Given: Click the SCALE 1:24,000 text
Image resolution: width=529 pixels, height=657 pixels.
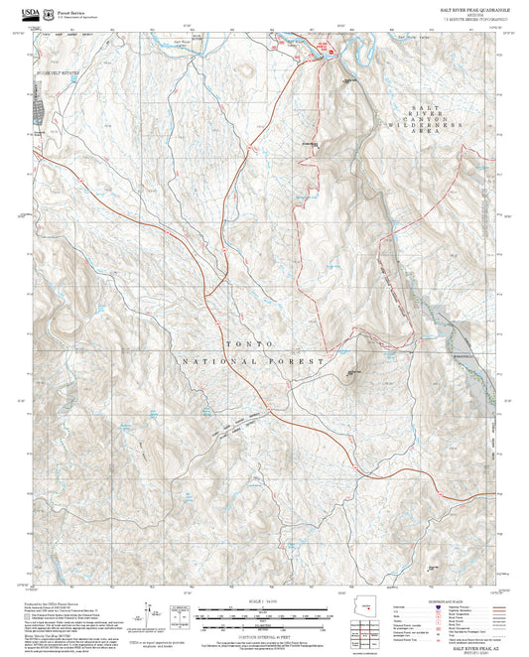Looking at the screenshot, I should [264, 601].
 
